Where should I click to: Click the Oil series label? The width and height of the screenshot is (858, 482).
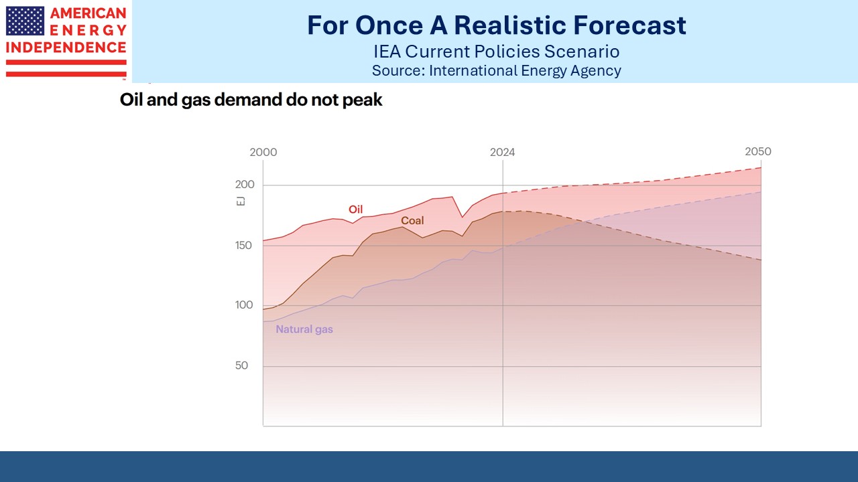tap(355, 210)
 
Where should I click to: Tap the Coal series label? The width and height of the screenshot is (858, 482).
tap(412, 220)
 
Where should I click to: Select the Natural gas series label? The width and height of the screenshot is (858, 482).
tap(304, 329)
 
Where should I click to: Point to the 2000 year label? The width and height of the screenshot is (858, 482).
tap(263, 152)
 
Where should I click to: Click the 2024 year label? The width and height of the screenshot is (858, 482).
tap(502, 152)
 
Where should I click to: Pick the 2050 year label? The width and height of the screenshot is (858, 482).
tap(758, 151)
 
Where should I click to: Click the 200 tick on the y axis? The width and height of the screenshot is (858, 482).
tap(245, 185)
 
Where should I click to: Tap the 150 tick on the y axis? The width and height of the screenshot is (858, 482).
tap(245, 246)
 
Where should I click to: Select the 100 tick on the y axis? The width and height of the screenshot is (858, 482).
tap(245, 305)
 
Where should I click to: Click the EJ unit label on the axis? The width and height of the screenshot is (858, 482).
tap(241, 201)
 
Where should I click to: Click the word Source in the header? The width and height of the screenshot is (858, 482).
tap(396, 70)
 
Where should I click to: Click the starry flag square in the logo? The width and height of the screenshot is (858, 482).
tap(25, 21)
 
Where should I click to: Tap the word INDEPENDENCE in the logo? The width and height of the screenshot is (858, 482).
tap(66, 48)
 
